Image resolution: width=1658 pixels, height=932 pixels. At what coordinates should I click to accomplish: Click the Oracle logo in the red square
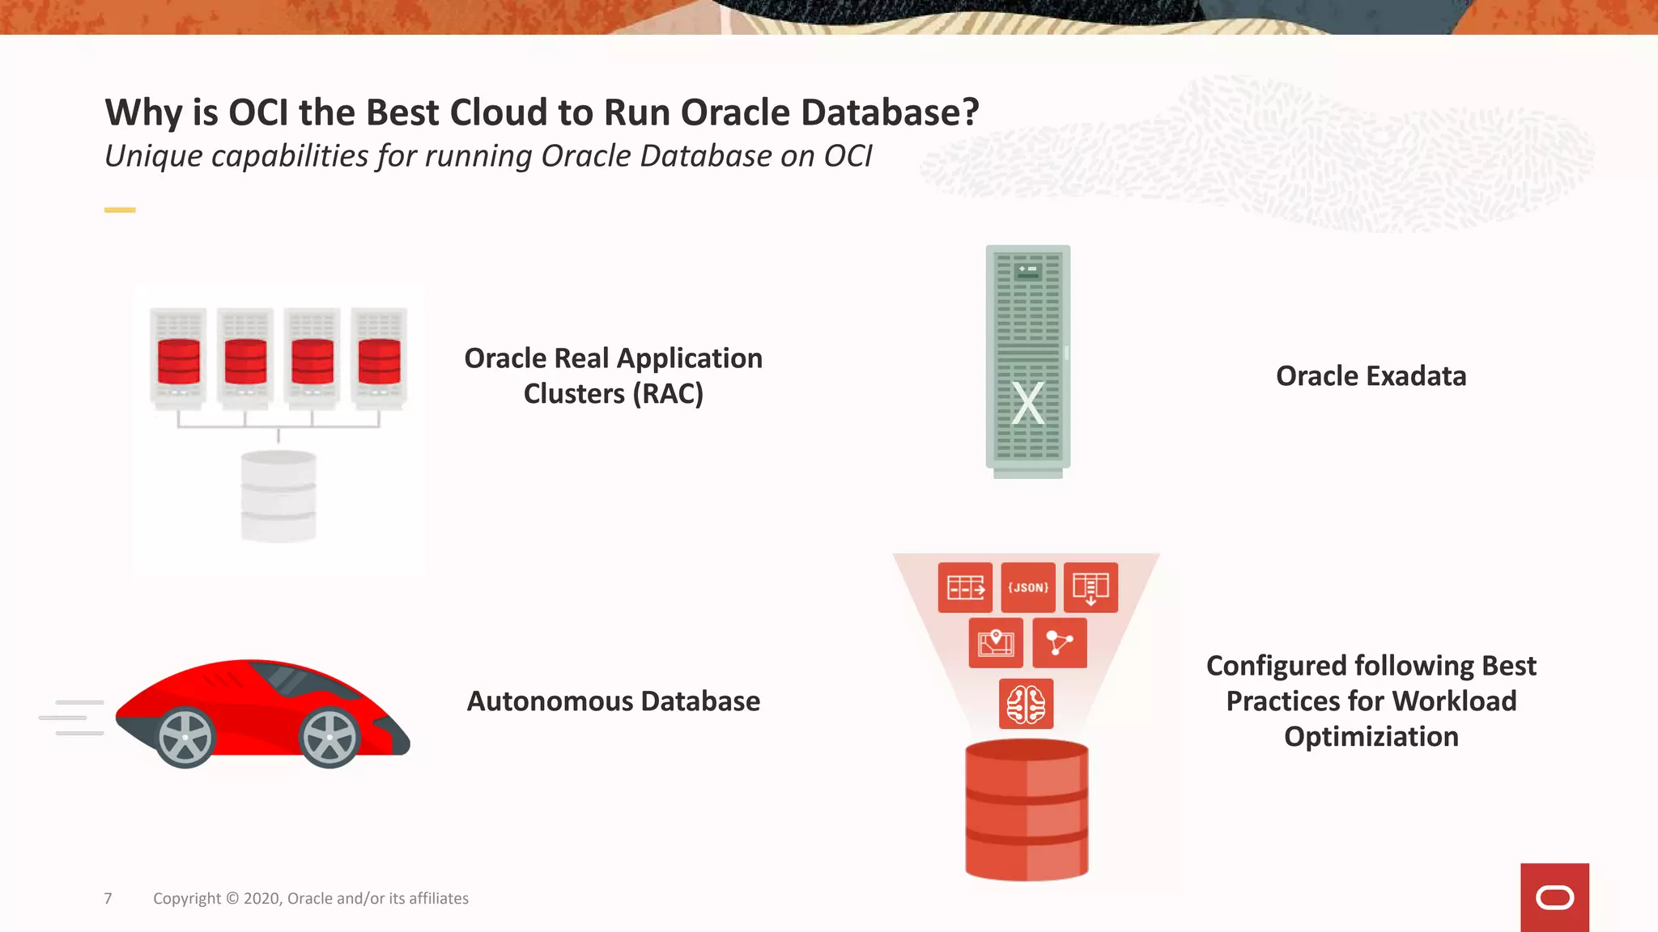(1554, 898)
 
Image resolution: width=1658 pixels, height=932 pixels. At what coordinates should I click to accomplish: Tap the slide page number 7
(108, 898)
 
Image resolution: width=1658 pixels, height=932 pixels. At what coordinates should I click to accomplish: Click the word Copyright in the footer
(187, 898)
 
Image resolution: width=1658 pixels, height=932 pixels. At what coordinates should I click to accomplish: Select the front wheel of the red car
(329, 737)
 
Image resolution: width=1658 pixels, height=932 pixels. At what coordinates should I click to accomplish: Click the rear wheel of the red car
(185, 737)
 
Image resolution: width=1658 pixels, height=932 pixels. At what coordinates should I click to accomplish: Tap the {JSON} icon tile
(1028, 587)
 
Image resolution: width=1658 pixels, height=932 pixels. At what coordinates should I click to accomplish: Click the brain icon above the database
(1026, 704)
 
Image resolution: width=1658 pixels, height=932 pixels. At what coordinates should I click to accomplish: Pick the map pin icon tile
(996, 643)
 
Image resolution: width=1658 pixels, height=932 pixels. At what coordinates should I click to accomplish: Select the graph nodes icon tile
(1060, 643)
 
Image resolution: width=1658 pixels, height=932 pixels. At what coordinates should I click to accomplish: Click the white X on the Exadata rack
(1028, 403)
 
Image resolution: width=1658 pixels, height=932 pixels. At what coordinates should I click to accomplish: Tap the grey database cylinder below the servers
(278, 496)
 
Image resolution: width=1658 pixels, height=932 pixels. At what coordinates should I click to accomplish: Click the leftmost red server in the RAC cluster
(179, 360)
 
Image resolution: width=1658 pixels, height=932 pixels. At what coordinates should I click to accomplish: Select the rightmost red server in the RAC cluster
(379, 360)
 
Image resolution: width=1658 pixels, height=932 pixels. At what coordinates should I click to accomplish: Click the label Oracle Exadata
(1371, 376)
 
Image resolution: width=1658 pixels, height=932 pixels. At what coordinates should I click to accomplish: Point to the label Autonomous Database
(613, 701)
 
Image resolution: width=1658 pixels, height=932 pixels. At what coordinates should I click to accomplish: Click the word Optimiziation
(1371, 737)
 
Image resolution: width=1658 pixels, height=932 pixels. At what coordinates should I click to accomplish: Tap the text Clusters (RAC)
(613, 394)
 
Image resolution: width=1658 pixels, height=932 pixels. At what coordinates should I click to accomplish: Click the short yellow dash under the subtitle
(120, 210)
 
